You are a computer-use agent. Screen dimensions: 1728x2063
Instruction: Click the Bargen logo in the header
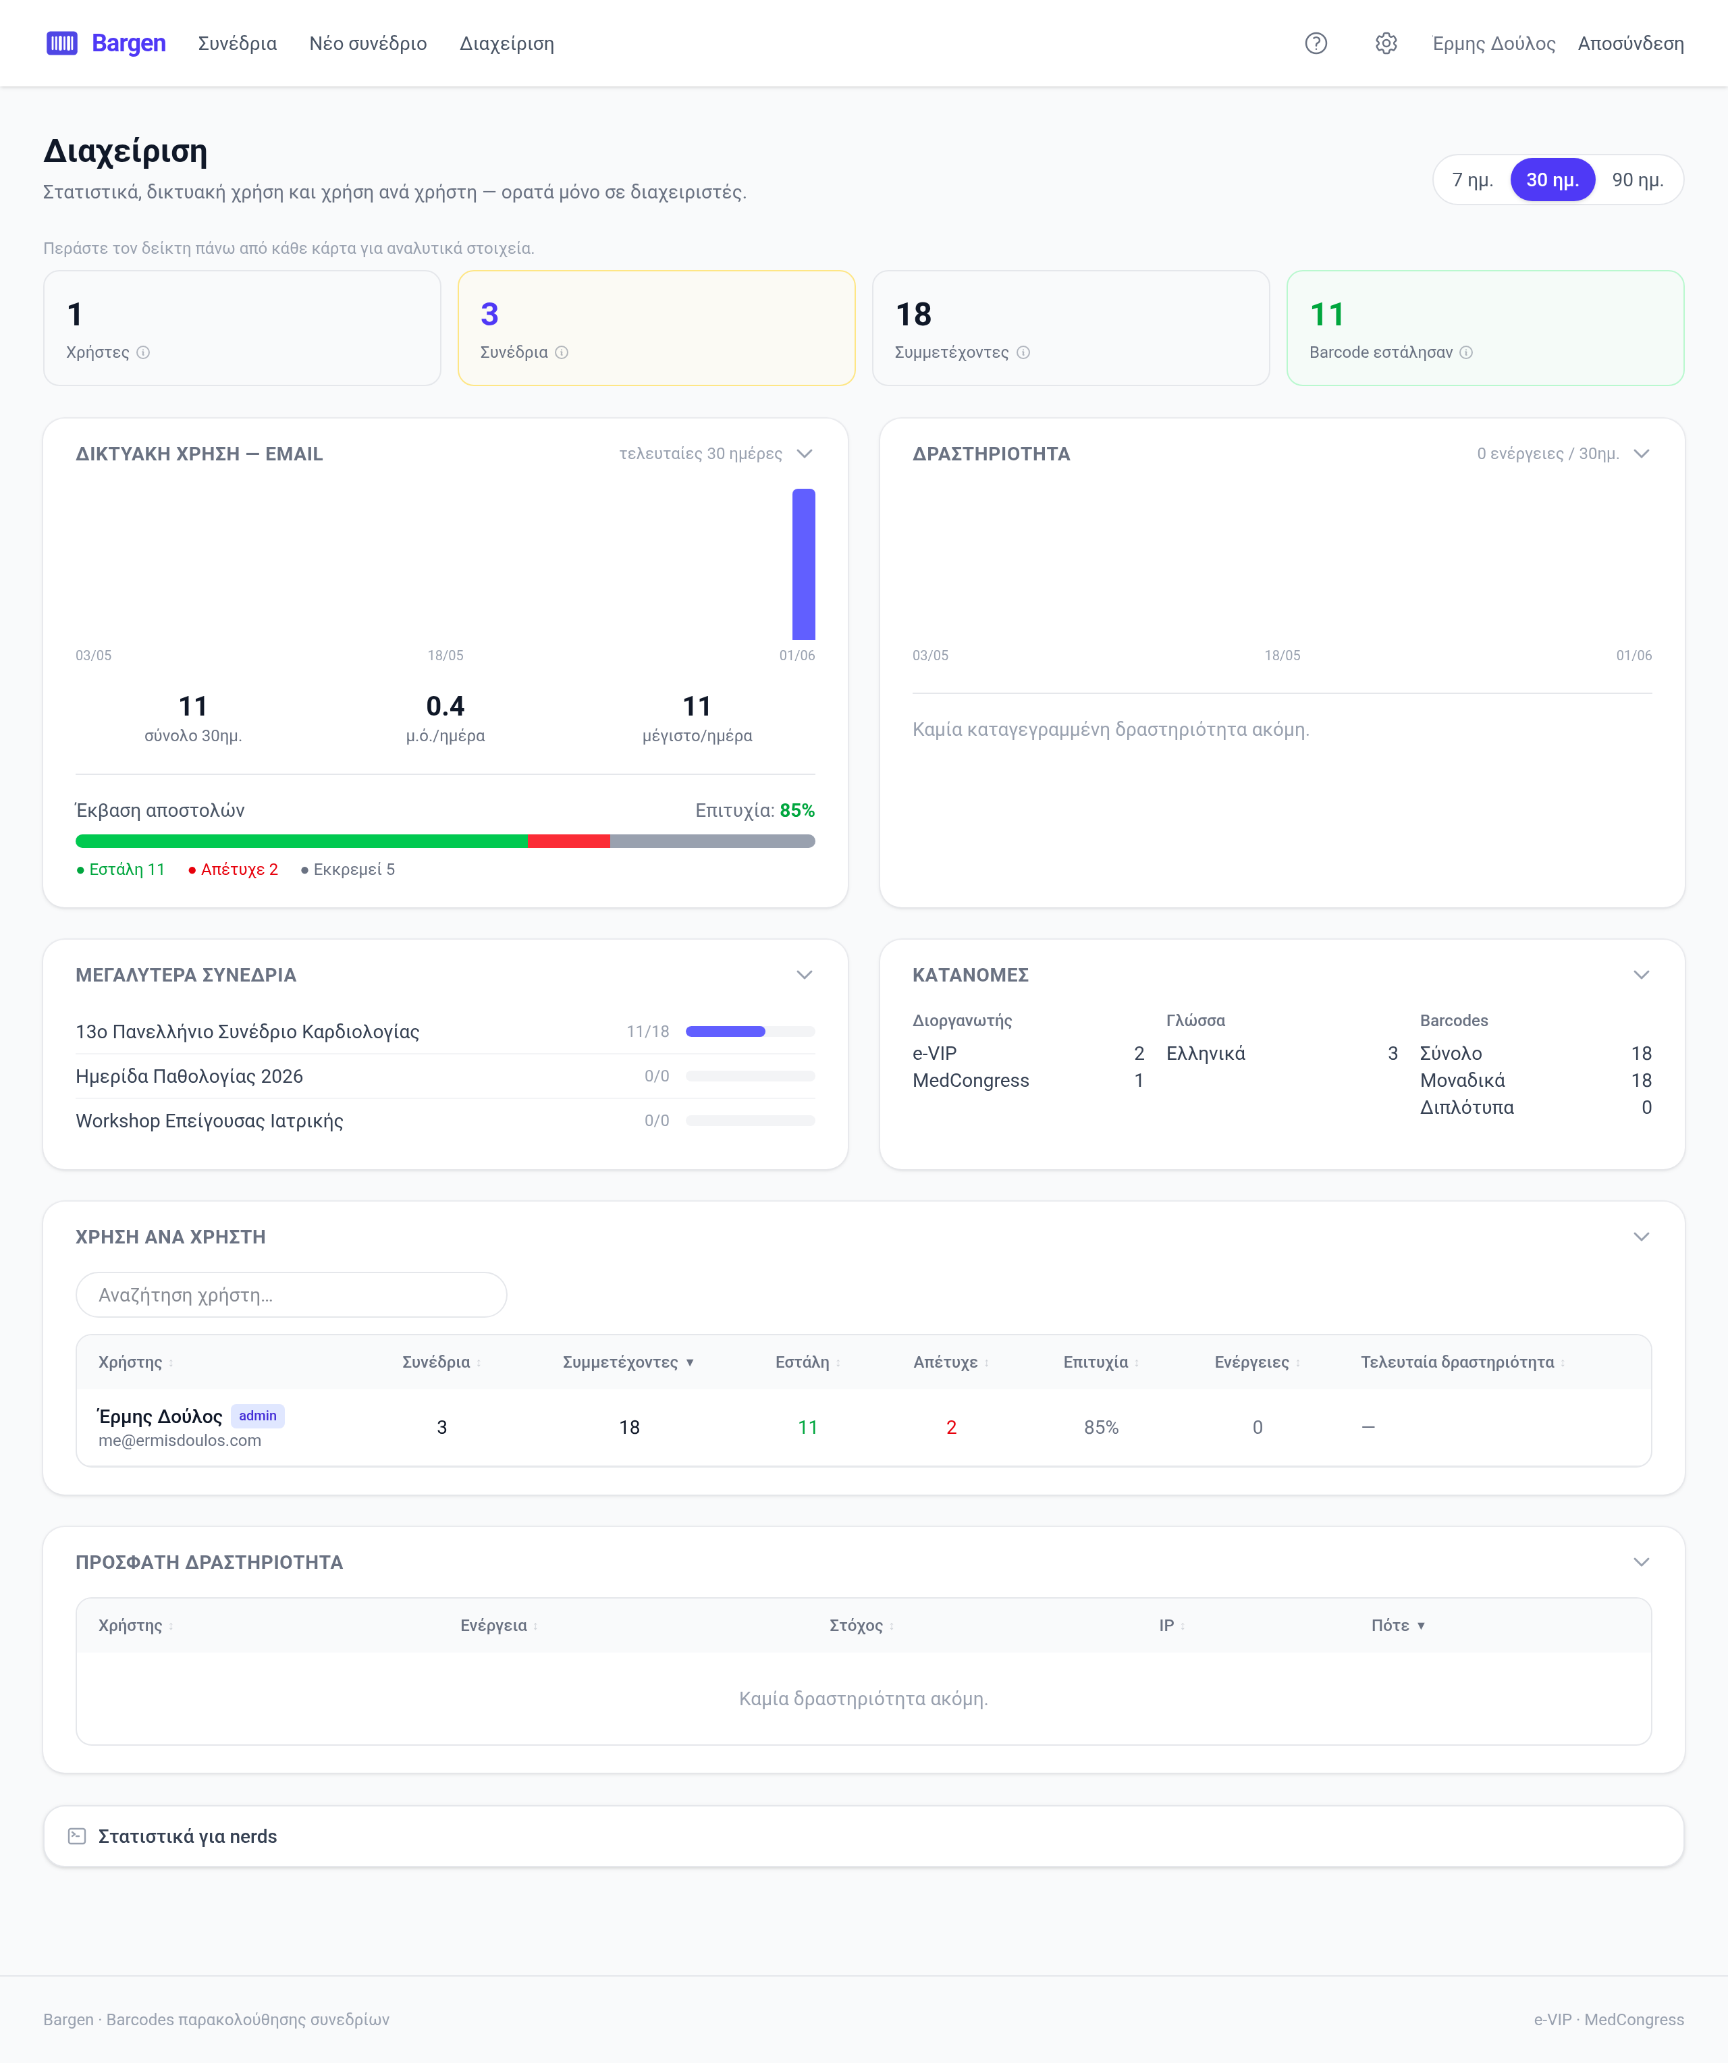pyautogui.click(x=106, y=43)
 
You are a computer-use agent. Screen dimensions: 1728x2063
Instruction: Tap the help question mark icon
pyautogui.click(x=1316, y=43)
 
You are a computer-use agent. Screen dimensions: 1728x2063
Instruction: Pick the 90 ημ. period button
pyautogui.click(x=1638, y=180)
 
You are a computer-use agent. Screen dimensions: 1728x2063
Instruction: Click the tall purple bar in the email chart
pyautogui.click(x=803, y=564)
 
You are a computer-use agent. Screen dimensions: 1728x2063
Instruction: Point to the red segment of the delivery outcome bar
pyautogui.click(x=569, y=841)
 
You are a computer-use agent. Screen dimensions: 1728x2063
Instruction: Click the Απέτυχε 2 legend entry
pyautogui.click(x=233, y=869)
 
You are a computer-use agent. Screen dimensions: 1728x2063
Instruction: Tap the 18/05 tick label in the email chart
pyautogui.click(x=445, y=655)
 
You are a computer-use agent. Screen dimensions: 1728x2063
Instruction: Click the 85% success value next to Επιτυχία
pyautogui.click(x=796, y=811)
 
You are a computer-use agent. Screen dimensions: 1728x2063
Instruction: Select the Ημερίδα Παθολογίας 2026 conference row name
pyautogui.click(x=190, y=1075)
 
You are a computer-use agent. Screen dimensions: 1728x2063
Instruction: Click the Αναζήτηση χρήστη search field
pyautogui.click(x=292, y=1295)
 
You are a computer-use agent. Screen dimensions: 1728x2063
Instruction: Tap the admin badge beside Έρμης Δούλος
pyautogui.click(x=257, y=1416)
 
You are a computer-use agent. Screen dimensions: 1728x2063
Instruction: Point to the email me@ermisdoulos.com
pyautogui.click(x=180, y=1440)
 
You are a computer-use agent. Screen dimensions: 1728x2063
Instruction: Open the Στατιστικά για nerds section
pyautogui.click(x=188, y=1836)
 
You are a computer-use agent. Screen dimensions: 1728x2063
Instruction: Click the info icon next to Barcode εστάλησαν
pyautogui.click(x=1465, y=352)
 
